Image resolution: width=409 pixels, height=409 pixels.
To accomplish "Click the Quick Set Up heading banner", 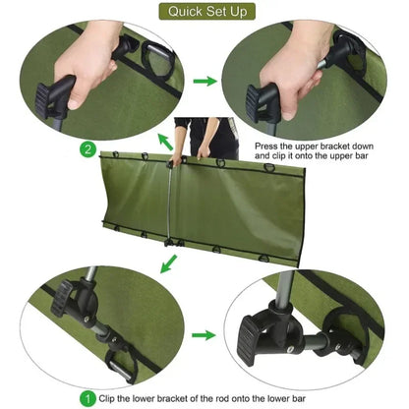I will point(204,13).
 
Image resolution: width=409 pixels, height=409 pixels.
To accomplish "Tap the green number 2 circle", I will point(88,149).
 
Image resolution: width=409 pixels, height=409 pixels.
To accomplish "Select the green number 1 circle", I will point(88,399).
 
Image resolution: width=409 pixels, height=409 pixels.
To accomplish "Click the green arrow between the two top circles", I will point(205,83).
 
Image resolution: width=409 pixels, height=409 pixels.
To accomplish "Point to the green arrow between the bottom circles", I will point(204,334).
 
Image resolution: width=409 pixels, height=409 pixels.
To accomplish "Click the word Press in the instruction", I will point(266,146).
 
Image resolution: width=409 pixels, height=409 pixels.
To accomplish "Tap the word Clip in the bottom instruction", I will point(112,399).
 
